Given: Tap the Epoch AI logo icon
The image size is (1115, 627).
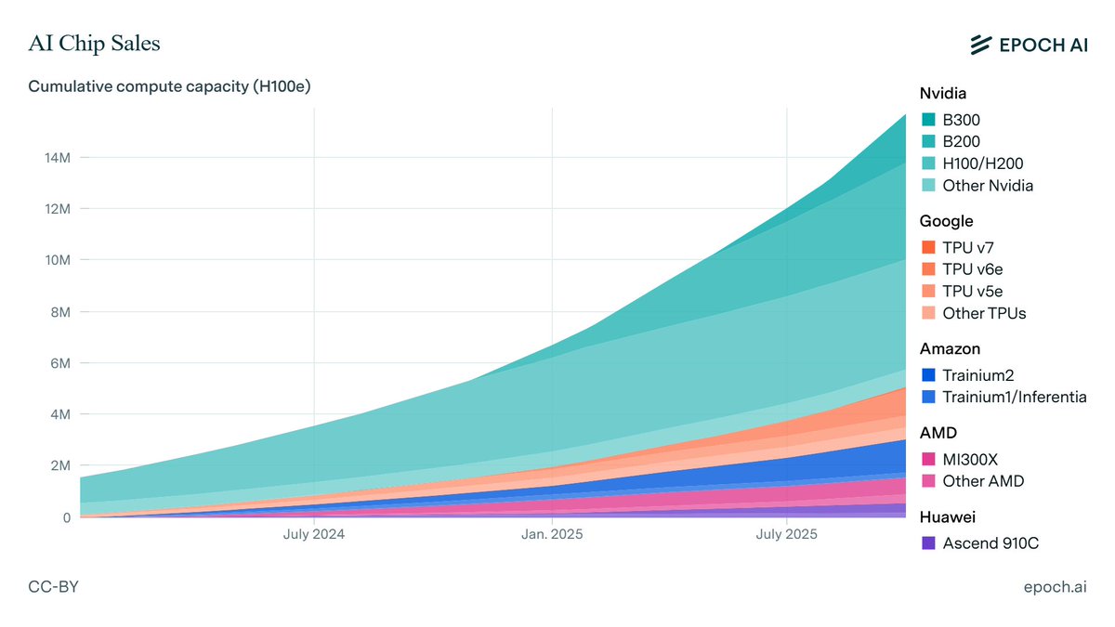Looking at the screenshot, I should (x=981, y=45).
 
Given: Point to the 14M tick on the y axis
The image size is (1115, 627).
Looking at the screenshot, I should (x=55, y=158).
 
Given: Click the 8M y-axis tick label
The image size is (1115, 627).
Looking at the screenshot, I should (x=59, y=312).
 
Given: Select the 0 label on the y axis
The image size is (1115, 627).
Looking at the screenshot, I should (x=66, y=517).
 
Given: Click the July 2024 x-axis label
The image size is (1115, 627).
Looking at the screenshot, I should (x=314, y=535).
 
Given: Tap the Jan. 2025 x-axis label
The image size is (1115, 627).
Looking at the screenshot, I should (x=552, y=535).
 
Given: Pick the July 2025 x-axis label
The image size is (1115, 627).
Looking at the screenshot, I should (x=786, y=535).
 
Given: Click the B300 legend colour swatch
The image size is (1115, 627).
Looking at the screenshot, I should (x=928, y=120).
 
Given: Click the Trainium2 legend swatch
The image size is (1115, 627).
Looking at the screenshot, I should (x=928, y=375).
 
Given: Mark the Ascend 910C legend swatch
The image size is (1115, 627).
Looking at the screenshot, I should (x=928, y=543).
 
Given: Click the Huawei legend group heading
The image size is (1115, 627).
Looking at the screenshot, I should (x=947, y=517).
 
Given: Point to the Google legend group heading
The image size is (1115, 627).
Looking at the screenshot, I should (x=946, y=221).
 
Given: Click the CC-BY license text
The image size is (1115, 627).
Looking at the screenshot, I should (x=53, y=587).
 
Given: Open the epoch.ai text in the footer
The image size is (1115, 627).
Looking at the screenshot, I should (x=1055, y=587).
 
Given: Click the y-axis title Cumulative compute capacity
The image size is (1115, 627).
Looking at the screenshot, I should (x=168, y=86).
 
